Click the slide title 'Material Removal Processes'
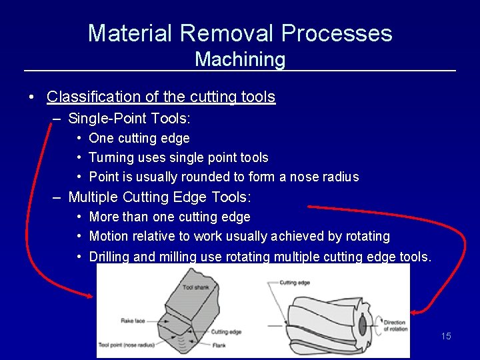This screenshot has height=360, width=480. tap(240, 33)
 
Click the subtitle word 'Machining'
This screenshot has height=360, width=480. tap(240, 59)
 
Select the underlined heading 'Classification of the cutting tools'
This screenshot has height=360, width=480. tap(161, 97)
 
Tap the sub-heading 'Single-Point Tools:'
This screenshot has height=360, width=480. tap(129, 119)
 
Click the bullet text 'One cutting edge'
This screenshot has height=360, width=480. tap(139, 138)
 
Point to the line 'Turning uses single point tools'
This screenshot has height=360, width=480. tap(179, 157)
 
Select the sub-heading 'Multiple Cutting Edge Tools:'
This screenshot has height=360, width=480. tap(159, 197)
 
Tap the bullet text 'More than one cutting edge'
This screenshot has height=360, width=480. tap(170, 217)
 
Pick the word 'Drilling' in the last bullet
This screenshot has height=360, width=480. tap(110, 257)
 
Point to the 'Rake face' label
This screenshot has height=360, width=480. tap(133, 321)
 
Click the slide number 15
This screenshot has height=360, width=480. tap(446, 336)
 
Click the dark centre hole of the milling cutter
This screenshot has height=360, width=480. tap(362, 326)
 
